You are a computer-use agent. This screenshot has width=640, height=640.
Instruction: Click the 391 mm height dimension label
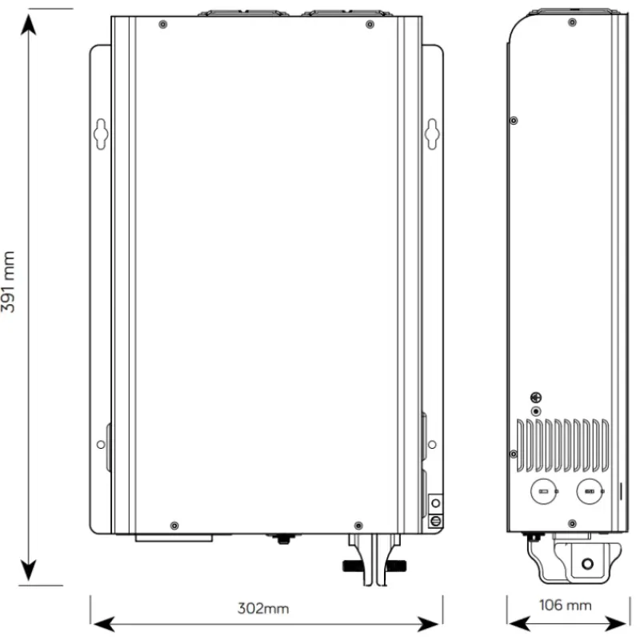[x=8, y=282]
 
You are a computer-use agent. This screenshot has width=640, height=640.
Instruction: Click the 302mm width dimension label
[x=263, y=609]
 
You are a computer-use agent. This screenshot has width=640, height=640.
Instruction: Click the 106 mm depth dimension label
[x=566, y=605]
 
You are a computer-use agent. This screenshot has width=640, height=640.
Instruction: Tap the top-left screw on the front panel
[x=163, y=25]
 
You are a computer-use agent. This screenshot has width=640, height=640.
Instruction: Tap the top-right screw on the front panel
[x=370, y=25]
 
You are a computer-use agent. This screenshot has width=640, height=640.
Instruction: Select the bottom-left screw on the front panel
[x=174, y=526]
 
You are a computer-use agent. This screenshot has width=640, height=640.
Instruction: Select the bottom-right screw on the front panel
[x=358, y=526]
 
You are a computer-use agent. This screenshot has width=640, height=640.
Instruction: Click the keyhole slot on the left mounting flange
[x=101, y=134]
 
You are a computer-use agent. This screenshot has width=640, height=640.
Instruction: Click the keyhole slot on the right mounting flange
[x=432, y=134]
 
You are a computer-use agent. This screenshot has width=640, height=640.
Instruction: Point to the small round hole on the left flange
[x=101, y=445]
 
